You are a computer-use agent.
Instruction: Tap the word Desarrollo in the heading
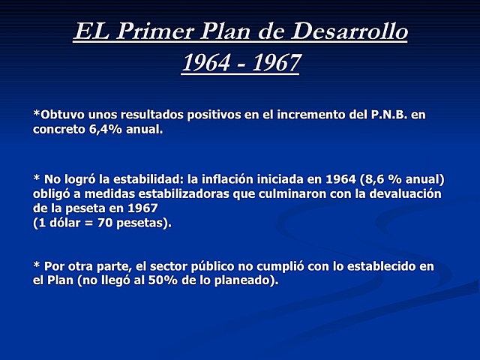(x=350, y=34)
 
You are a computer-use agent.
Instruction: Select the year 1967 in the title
(x=273, y=63)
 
